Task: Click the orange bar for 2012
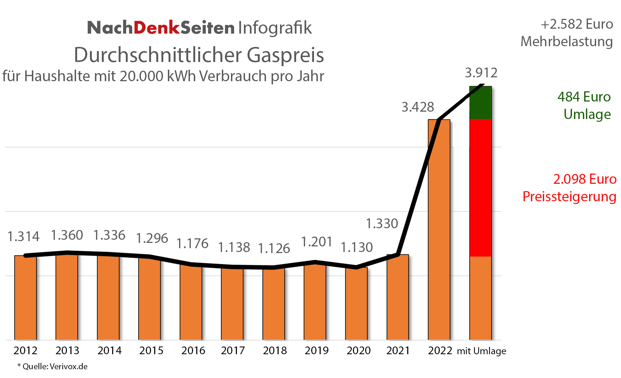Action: point(25,297)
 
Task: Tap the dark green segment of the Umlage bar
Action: point(480,103)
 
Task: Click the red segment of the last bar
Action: point(480,187)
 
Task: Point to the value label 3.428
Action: point(417,107)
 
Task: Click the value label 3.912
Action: point(481,73)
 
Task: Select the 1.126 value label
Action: point(274,248)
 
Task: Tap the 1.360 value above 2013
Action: point(67,235)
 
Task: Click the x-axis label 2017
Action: point(233,350)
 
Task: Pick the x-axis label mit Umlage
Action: point(481,351)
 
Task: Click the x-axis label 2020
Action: point(358,350)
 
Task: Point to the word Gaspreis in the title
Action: point(285,55)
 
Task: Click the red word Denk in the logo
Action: point(157,28)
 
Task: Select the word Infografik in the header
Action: point(275,28)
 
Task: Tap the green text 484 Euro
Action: point(584,97)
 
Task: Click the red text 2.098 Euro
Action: point(585,179)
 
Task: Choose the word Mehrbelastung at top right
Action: point(566,42)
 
